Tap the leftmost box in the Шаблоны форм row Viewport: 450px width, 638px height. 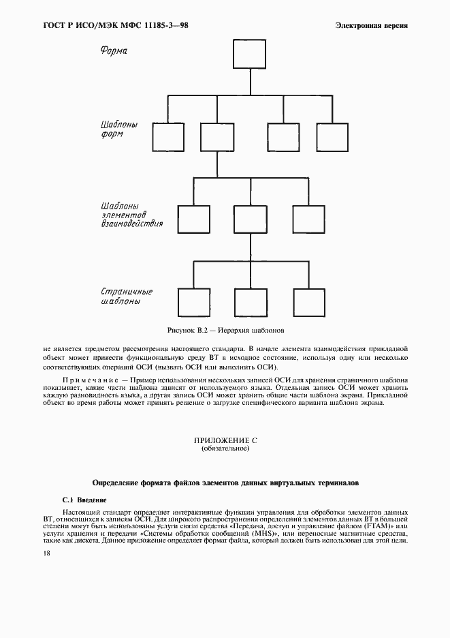[167, 136]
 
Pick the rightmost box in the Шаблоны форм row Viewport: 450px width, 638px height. [332, 136]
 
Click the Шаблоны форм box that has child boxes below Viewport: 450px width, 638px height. [216, 136]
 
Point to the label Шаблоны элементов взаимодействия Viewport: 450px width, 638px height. [131, 217]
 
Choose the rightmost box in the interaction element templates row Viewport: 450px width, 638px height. [308, 219]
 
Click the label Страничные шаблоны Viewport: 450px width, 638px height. [126, 296]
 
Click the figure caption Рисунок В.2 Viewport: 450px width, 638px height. [225, 330]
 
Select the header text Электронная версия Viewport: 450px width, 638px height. [372, 25]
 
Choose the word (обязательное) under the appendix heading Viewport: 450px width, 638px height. [225, 450]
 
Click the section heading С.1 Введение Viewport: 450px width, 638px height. [84, 500]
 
